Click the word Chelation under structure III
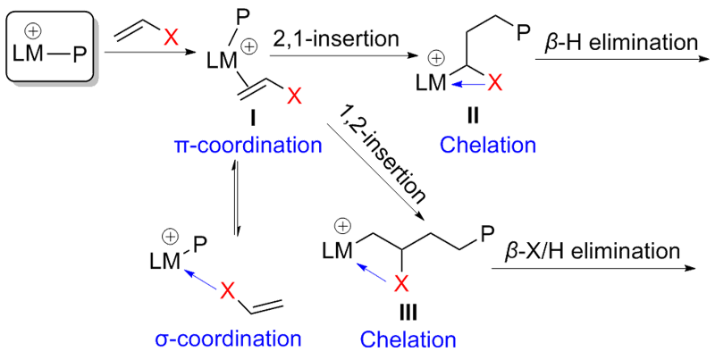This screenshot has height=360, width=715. [408, 339]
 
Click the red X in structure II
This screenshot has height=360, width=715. [496, 85]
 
